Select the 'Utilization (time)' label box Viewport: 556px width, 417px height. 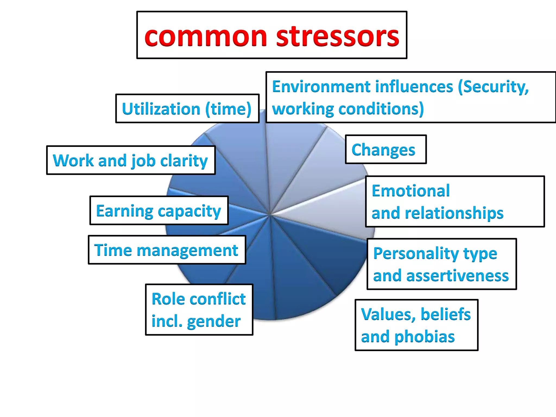[187, 109]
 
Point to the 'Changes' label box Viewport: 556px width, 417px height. [386, 150]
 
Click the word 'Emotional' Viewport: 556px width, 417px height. [410, 191]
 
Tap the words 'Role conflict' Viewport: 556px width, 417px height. [198, 299]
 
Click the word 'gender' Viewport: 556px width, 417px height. [214, 321]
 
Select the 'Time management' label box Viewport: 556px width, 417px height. [167, 250]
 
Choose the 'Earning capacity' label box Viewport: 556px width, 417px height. [159, 211]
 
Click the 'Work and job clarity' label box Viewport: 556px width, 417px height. [131, 160]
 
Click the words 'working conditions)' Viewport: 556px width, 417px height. [347, 109]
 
